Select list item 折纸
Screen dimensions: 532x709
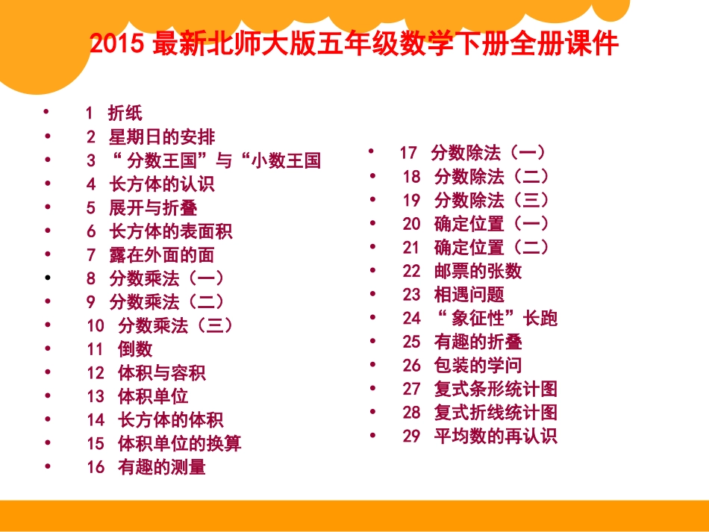pos(125,113)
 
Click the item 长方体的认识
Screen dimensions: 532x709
pos(161,184)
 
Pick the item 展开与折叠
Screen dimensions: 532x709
pos(152,208)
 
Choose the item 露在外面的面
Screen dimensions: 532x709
pos(161,255)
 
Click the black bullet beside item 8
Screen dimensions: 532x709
pos(48,278)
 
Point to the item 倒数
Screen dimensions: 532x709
pos(135,349)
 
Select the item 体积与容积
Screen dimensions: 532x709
pos(161,373)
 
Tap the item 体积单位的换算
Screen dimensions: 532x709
pos(179,444)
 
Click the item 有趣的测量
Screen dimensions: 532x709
pos(161,468)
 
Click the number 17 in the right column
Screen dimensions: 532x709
pos(408,153)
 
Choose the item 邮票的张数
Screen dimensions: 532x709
pos(478,271)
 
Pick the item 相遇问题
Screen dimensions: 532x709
pos(469,295)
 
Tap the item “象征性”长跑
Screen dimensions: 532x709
pos(496,319)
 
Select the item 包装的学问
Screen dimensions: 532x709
pos(478,366)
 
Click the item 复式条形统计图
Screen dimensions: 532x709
pos(496,389)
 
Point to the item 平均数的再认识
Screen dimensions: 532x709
pos(496,436)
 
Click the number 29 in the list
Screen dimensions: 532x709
pos(411,436)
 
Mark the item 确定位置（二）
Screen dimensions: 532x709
pos(491,248)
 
